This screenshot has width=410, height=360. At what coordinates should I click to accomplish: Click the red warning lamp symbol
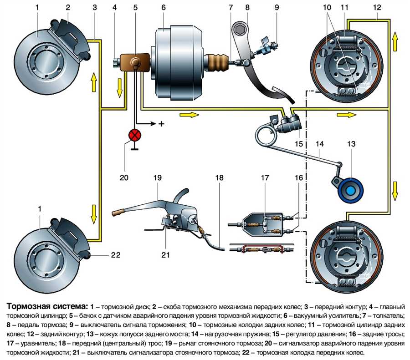(x=135, y=136)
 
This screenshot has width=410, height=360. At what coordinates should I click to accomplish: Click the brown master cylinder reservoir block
(x=135, y=62)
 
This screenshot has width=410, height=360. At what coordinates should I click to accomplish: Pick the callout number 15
(x=298, y=144)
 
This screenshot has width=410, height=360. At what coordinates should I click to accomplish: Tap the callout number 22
(x=116, y=255)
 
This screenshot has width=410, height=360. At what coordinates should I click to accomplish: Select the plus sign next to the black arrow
(x=160, y=123)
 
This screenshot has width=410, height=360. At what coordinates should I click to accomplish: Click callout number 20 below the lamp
(x=124, y=177)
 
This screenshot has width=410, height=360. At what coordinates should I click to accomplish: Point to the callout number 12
(x=377, y=7)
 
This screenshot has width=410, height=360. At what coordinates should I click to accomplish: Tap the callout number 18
(x=220, y=177)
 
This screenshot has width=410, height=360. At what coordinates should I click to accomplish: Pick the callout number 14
(x=320, y=144)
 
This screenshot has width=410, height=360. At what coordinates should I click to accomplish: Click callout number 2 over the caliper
(x=67, y=7)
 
